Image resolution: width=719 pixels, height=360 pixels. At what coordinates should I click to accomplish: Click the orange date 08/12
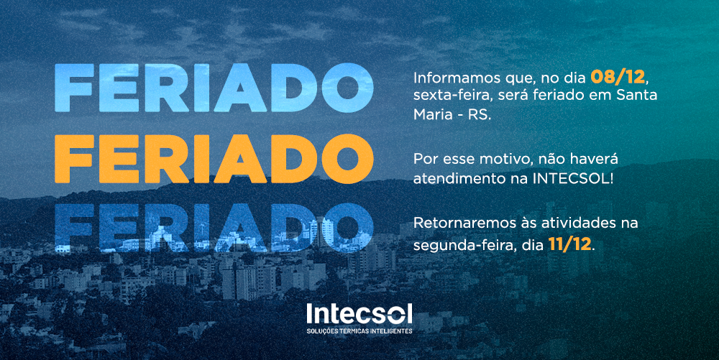[x=617, y=77]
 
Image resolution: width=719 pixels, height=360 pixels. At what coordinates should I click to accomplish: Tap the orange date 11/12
[x=569, y=244]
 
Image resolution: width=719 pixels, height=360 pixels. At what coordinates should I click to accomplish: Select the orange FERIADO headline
[x=214, y=159]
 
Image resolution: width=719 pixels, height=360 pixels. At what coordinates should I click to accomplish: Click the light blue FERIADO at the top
[x=214, y=88]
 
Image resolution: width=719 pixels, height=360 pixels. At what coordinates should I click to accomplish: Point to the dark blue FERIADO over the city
[x=214, y=228]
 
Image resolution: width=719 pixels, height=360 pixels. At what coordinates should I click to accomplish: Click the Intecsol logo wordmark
[x=359, y=314]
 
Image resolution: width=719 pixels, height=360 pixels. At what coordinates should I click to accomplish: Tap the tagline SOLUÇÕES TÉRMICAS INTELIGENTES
[x=359, y=331]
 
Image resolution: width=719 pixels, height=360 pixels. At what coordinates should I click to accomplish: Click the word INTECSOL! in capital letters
[x=573, y=179]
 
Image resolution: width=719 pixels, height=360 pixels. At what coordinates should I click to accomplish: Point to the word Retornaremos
[x=463, y=223]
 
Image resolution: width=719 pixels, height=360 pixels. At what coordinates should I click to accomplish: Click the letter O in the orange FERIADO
[x=347, y=159]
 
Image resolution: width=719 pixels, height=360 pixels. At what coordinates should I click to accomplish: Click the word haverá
[x=595, y=159]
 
